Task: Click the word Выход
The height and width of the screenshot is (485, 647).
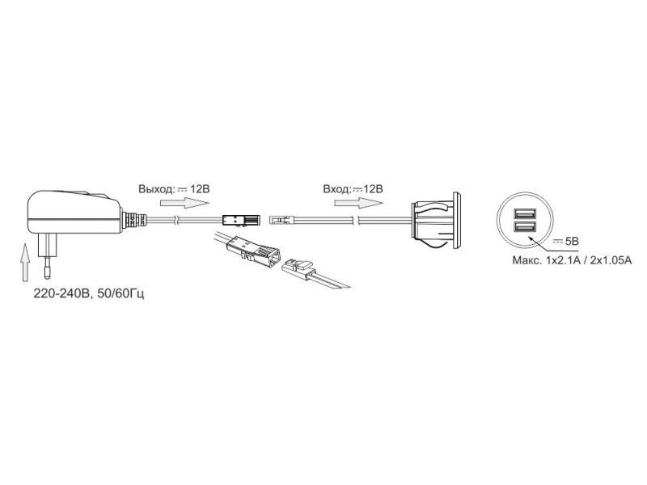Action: click(x=156, y=189)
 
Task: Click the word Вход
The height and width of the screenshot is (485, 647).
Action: click(x=336, y=189)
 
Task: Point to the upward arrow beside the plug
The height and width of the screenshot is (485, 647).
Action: click(x=26, y=262)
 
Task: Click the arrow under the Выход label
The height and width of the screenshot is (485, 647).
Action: click(x=184, y=204)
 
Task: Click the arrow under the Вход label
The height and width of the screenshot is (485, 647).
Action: click(x=358, y=204)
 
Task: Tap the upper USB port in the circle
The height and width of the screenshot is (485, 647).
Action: click(x=524, y=214)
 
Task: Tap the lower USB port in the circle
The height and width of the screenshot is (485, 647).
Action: click(x=524, y=227)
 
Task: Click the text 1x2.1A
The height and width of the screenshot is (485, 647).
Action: click(x=564, y=260)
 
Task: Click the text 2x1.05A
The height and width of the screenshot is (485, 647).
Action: click(x=611, y=260)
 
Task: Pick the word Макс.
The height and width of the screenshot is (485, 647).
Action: click(x=526, y=260)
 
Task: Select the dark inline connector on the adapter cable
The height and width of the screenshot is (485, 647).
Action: click(x=242, y=220)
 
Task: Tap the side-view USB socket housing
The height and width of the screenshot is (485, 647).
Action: click(x=436, y=221)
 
